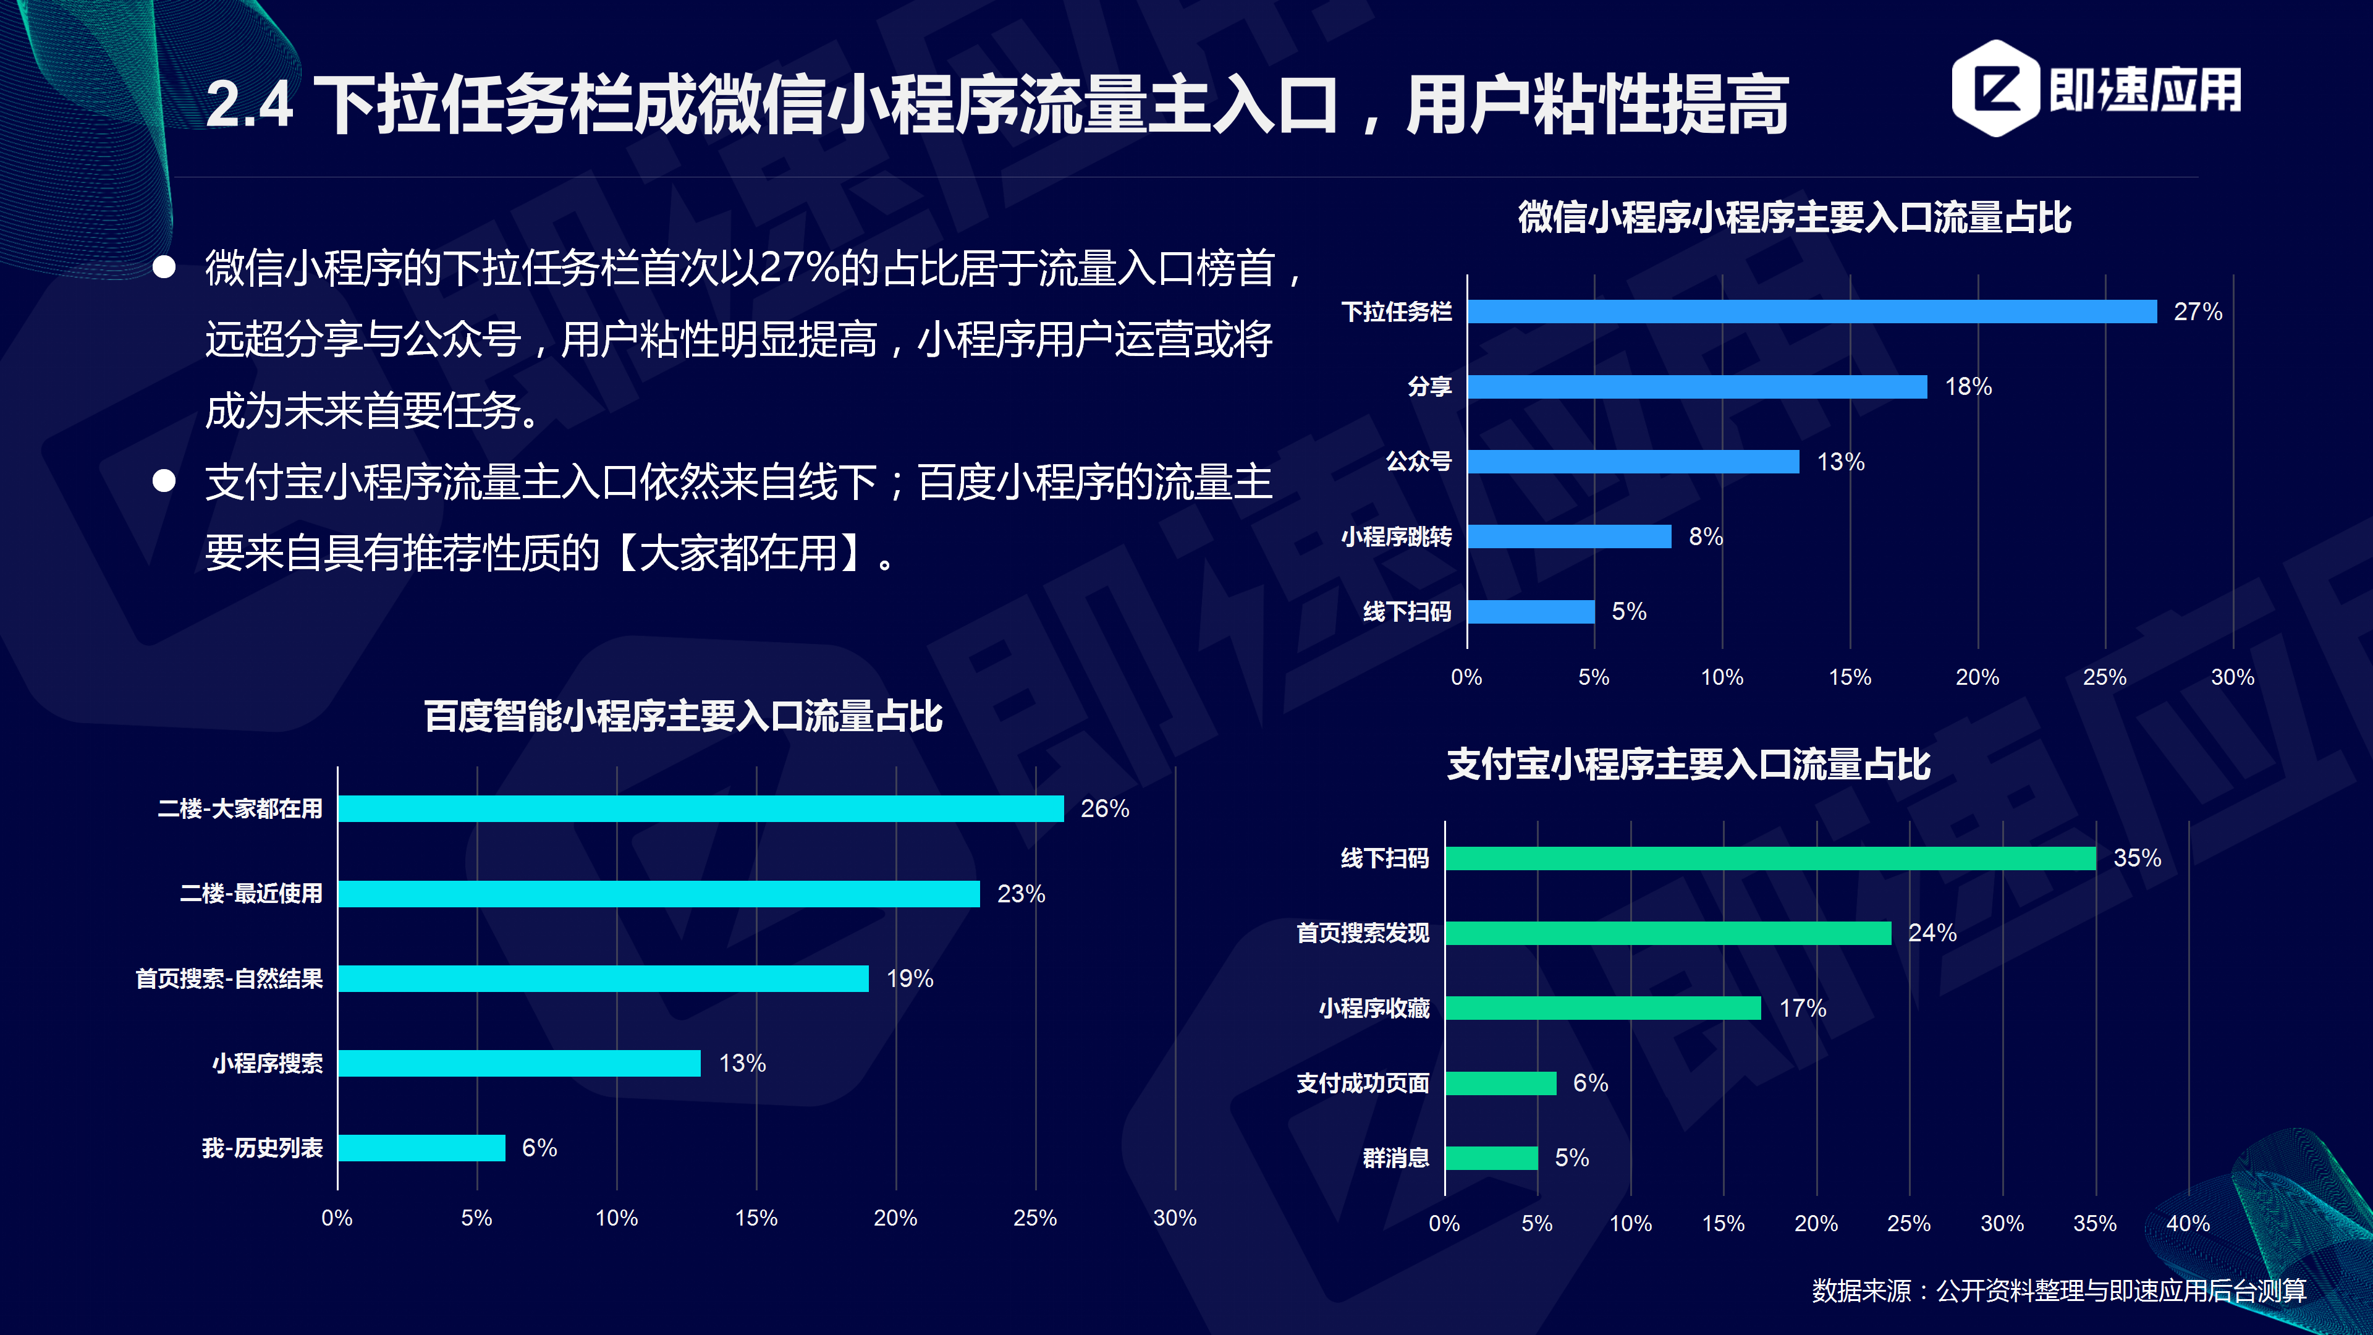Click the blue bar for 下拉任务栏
pos(1811,311)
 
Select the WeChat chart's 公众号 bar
pos(1632,462)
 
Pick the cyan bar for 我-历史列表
pos(421,1147)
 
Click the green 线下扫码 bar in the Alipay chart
pos(1770,858)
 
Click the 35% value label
pos(2136,858)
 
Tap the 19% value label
pos(909,978)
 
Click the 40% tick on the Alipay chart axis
pos(2187,1224)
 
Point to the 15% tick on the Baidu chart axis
pos(755,1218)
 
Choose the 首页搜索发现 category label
pos(1363,933)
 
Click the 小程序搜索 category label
pos(267,1063)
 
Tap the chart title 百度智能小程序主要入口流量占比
pos(683,716)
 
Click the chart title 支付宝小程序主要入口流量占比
pos(1688,765)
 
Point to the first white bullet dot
pos(164,267)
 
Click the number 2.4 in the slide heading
pos(248,104)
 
